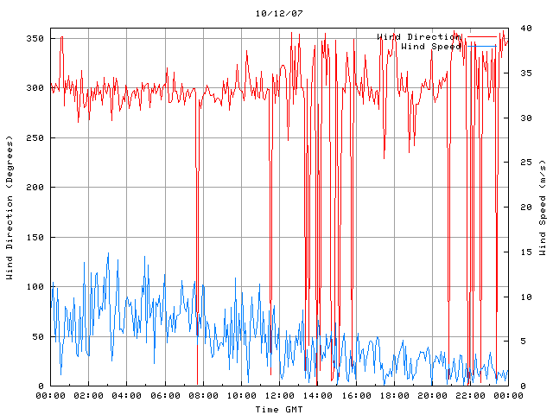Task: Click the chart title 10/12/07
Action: point(278,14)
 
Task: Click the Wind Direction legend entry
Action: point(418,36)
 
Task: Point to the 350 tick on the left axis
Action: point(35,39)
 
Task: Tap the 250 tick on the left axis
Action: point(35,138)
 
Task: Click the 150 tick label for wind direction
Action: point(35,238)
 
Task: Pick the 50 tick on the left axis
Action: point(37,337)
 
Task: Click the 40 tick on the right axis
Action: point(521,28)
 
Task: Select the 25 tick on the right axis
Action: point(521,162)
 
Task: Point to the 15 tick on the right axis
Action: point(521,252)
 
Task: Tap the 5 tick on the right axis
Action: point(518,342)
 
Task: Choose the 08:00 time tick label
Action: point(202,396)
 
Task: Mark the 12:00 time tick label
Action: point(278,396)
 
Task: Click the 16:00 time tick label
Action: point(354,396)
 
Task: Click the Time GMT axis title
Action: point(278,408)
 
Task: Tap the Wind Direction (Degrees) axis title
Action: point(10,207)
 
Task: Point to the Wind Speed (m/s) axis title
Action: point(542,207)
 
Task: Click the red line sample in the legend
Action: point(482,37)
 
